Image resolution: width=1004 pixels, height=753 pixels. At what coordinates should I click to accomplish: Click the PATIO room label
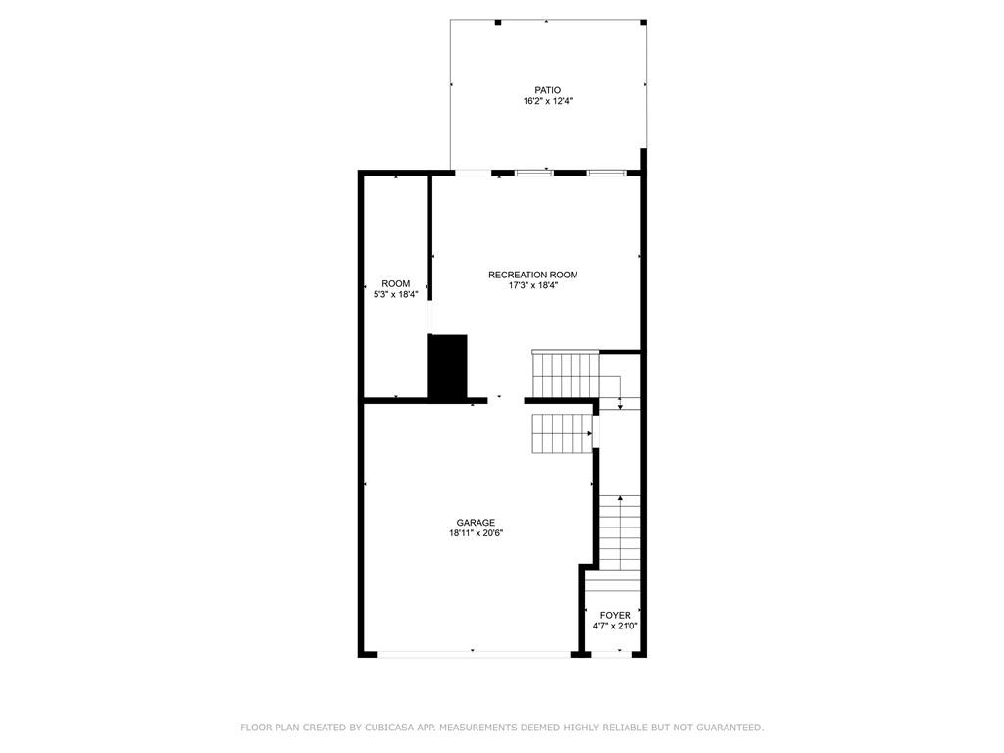click(547, 90)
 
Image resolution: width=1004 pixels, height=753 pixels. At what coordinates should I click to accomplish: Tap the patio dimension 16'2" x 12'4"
click(547, 101)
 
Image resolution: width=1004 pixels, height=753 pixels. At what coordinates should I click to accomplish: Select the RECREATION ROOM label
click(532, 275)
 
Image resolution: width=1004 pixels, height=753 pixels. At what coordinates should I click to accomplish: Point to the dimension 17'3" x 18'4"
click(532, 285)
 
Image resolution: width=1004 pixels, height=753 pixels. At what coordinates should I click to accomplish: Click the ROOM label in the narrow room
click(396, 283)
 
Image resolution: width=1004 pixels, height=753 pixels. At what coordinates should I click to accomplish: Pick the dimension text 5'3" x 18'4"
click(396, 294)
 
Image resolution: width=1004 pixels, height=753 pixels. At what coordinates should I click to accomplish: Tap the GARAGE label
click(476, 523)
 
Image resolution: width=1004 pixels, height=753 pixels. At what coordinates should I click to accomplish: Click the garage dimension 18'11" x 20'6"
click(476, 533)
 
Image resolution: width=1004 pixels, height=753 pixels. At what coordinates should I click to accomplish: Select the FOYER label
click(616, 616)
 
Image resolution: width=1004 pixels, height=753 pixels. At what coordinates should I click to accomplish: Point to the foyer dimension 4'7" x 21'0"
click(616, 627)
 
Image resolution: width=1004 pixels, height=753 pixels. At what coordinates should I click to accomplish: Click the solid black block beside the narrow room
click(447, 367)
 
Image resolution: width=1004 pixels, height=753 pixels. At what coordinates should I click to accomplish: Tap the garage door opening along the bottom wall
click(474, 654)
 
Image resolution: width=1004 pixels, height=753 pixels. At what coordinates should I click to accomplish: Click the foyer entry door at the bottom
click(612, 654)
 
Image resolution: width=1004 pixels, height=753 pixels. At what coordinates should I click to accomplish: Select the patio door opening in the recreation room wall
click(473, 173)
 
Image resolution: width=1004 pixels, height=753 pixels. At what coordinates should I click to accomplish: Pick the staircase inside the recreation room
click(566, 375)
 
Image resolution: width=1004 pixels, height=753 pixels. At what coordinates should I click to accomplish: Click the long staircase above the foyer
click(620, 532)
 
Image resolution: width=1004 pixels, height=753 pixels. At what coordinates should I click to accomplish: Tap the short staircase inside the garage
click(562, 432)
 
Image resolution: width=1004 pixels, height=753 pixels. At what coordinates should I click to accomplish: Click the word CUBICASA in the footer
click(388, 728)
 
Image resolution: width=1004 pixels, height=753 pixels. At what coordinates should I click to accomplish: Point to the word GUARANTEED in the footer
click(728, 728)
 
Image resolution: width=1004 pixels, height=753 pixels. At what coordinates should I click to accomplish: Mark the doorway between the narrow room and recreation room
click(430, 317)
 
